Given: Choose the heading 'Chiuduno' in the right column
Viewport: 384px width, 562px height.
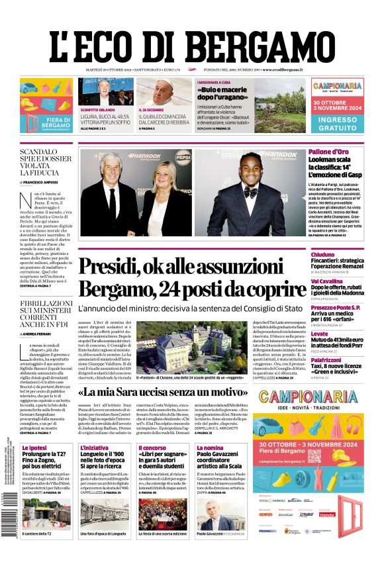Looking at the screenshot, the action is point(323,254).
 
